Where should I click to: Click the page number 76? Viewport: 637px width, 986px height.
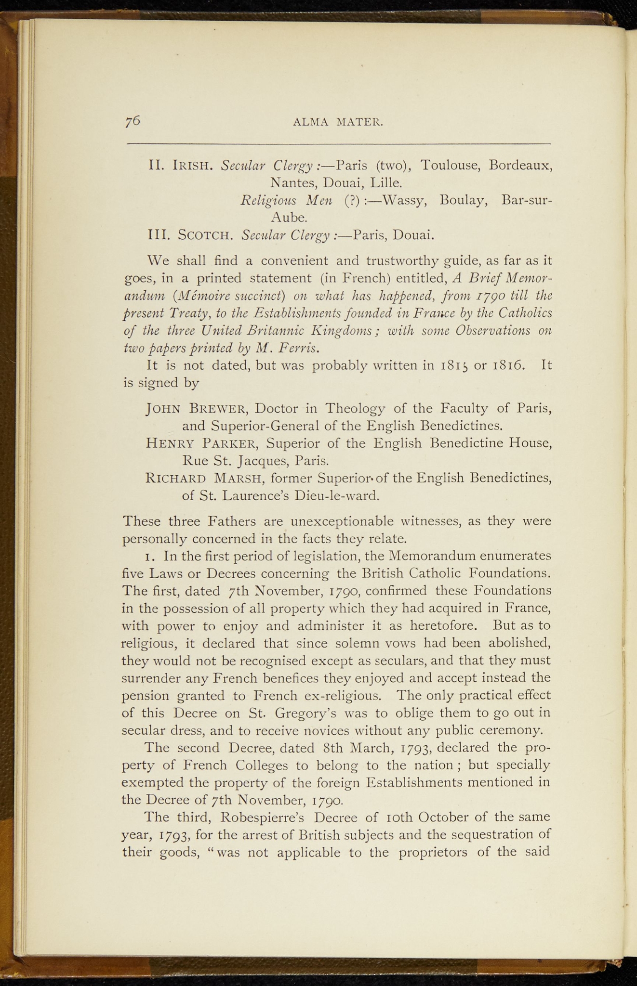click(x=133, y=121)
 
